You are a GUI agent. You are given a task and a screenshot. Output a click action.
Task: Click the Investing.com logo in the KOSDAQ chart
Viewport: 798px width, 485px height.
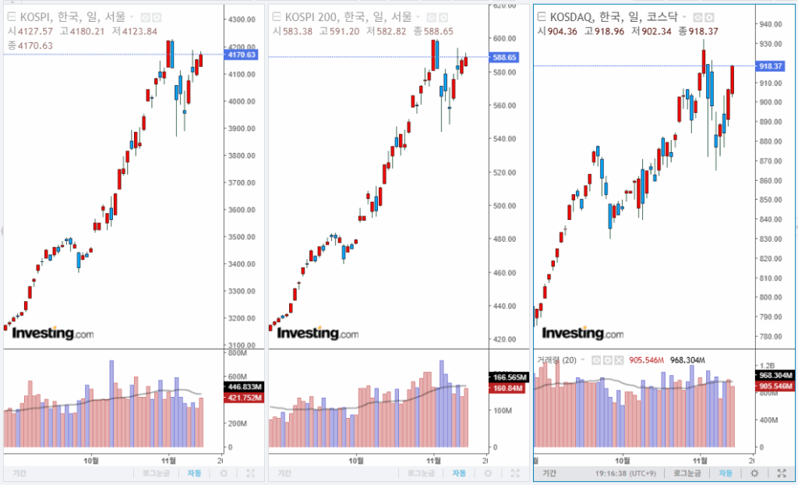click(x=582, y=334)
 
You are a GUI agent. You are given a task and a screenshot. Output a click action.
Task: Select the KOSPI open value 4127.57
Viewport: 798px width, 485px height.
click(x=36, y=31)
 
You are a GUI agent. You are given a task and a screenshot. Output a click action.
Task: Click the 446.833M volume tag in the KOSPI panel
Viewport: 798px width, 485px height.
click(x=244, y=387)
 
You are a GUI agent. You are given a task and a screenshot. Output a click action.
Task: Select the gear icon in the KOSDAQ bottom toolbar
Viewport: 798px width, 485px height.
click(x=754, y=473)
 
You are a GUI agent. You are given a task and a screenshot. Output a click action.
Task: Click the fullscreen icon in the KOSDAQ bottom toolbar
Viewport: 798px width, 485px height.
click(x=780, y=473)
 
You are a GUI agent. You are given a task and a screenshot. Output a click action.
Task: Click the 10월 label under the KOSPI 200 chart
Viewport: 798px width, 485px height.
click(x=356, y=458)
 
